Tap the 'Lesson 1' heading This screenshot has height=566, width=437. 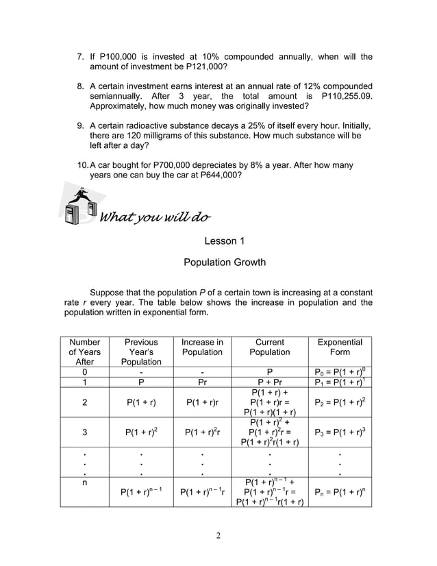(x=225, y=241)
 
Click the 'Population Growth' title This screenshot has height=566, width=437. (x=225, y=262)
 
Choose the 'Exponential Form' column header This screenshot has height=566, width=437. (x=340, y=347)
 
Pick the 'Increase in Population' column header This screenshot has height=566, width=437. (x=202, y=347)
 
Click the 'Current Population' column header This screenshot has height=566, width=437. (x=269, y=347)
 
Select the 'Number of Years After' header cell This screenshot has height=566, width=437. (x=85, y=352)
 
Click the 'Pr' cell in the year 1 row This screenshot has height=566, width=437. (x=202, y=382)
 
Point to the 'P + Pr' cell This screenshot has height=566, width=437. (x=269, y=382)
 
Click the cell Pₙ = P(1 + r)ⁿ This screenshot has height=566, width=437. (x=340, y=492)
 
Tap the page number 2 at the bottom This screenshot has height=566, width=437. (x=218, y=536)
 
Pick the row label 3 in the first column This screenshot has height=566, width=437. (x=85, y=432)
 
